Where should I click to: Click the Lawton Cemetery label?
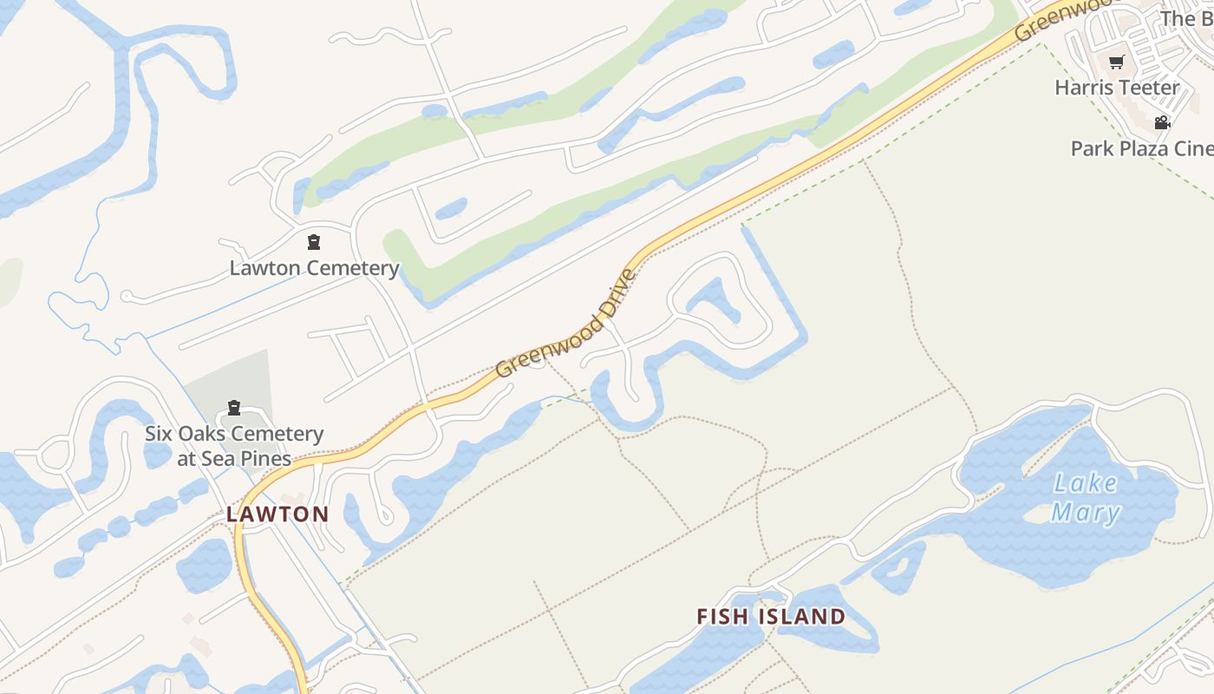[x=314, y=268]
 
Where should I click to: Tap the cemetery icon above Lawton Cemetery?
[x=314, y=242]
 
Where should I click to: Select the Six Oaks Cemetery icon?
[x=233, y=408]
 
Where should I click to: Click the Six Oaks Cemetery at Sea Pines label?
[x=234, y=446]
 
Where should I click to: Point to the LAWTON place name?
[x=277, y=514]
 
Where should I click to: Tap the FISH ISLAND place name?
[x=771, y=617]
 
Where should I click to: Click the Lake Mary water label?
[x=1085, y=498]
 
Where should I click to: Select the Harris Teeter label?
[x=1117, y=88]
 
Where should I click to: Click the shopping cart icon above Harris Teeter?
[x=1117, y=62]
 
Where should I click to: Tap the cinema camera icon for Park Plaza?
[x=1162, y=122]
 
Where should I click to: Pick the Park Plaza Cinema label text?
[x=1141, y=148]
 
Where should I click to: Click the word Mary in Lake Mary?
[x=1086, y=513]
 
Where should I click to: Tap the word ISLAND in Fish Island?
[x=802, y=617]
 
